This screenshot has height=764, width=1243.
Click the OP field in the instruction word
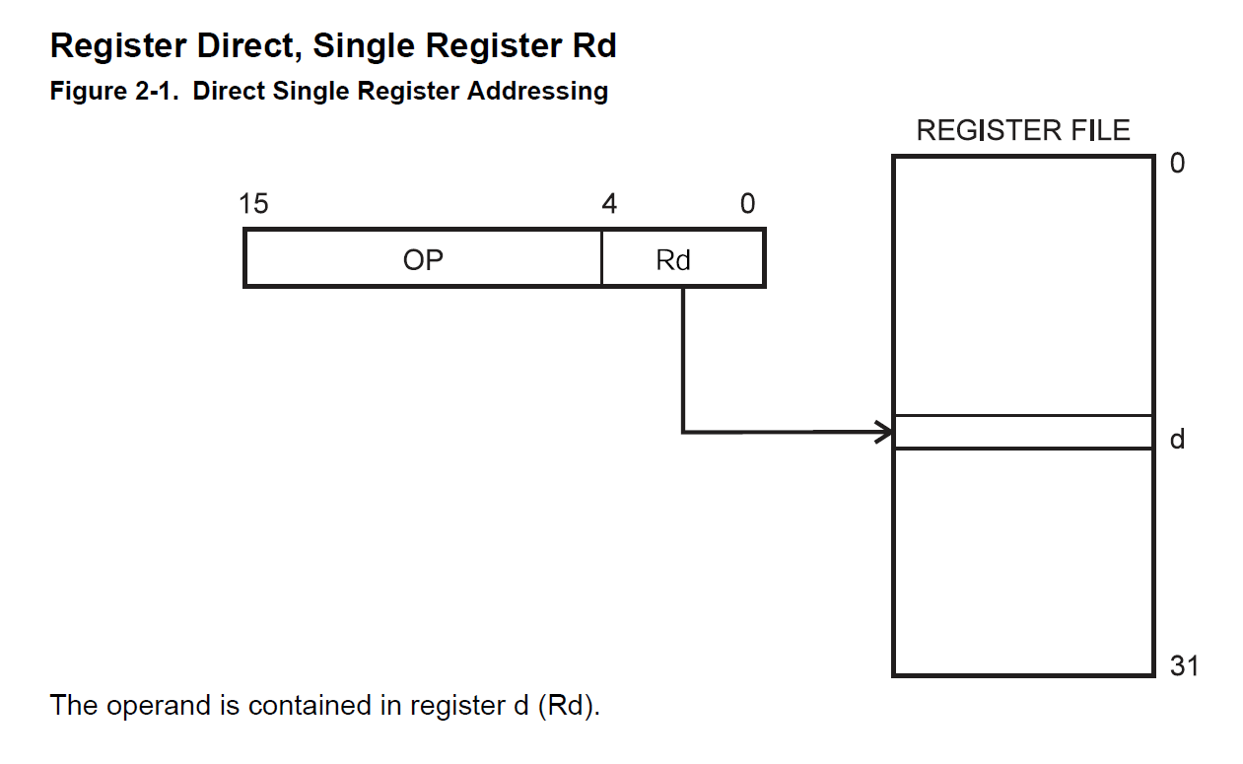[x=423, y=258]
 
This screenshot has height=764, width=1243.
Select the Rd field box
[x=683, y=258]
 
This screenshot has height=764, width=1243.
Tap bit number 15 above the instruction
[x=253, y=204]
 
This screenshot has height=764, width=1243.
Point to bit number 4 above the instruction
[x=609, y=204]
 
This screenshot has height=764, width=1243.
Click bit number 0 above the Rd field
[x=747, y=204]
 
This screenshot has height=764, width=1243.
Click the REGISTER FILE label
[x=1023, y=130]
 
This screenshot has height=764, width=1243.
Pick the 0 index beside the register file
[x=1177, y=163]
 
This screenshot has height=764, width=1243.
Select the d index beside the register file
[x=1177, y=439]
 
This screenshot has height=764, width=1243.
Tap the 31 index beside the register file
[x=1184, y=665]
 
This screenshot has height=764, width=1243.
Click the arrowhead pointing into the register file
[x=884, y=432]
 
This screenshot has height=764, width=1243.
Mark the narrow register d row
[x=1023, y=432]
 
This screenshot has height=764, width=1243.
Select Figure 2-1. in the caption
[x=114, y=91]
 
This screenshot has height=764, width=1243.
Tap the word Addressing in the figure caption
[x=537, y=92]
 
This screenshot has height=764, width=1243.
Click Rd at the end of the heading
[x=593, y=45]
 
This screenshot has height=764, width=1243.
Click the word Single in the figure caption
[x=311, y=92]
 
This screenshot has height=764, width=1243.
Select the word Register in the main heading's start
[x=118, y=46]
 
